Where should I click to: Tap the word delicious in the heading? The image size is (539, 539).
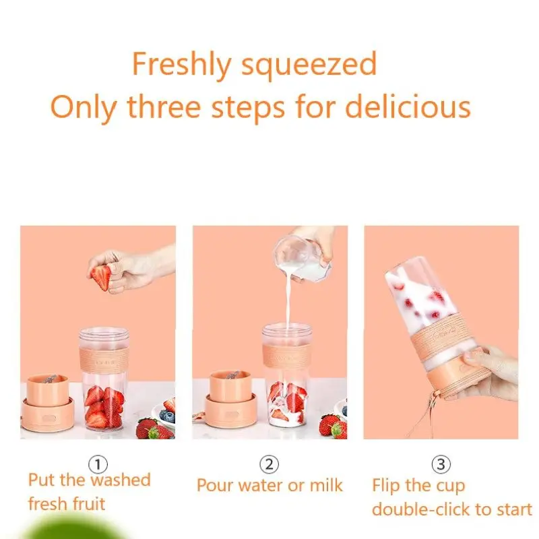tap(408, 106)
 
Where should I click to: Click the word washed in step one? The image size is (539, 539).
tap(121, 480)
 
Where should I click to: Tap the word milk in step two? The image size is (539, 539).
tap(326, 485)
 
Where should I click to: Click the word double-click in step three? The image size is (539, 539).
tap(416, 509)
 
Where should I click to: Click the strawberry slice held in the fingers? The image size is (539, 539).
tap(101, 277)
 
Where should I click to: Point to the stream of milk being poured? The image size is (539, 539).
tap(287, 303)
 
